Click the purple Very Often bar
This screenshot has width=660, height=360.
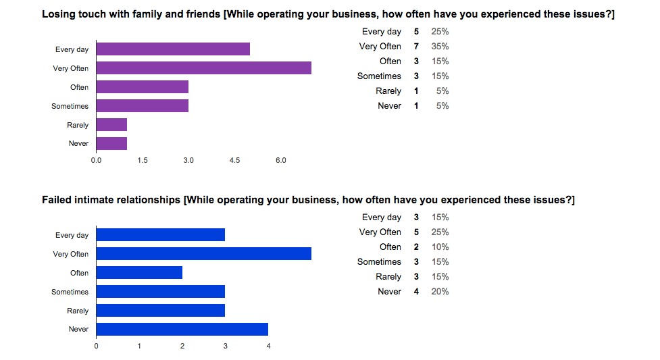point(203,68)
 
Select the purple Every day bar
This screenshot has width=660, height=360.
point(173,49)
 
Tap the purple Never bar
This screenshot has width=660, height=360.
point(111,143)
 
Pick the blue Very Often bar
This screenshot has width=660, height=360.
point(203,254)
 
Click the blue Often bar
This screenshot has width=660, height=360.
point(139,273)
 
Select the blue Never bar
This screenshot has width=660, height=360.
point(182,329)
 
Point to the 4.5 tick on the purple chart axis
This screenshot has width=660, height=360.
point(234,160)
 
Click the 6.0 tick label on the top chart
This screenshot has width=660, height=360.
point(280,160)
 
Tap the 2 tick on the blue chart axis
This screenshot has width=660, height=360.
point(182,346)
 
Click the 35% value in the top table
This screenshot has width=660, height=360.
point(440,47)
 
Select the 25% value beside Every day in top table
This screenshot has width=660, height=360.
point(440,32)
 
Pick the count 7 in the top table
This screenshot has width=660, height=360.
point(416,47)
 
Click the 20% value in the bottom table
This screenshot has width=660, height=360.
point(440,292)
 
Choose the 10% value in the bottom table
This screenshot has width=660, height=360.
point(440,247)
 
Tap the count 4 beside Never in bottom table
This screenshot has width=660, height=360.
point(416,292)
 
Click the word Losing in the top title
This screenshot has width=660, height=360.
point(59,15)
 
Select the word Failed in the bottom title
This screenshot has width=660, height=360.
point(57,201)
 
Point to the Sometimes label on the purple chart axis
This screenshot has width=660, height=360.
point(70,106)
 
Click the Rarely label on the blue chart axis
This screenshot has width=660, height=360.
point(78,311)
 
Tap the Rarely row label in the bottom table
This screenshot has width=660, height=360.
point(388,277)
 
